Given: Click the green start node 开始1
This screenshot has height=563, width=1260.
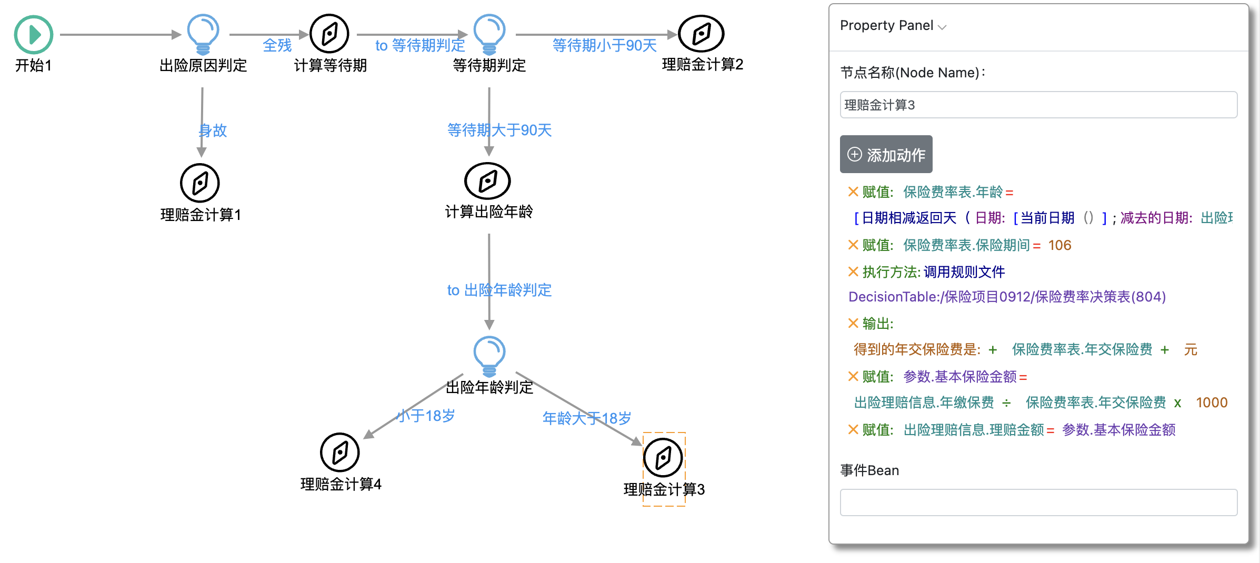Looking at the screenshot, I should pos(33,35).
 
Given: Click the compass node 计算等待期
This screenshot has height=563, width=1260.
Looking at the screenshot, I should pos(329,34).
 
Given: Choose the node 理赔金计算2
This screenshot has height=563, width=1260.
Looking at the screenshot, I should pos(701,34).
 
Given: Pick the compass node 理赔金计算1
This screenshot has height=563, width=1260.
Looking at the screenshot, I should pos(200,183).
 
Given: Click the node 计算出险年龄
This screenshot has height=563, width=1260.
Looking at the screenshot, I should pos(487,181).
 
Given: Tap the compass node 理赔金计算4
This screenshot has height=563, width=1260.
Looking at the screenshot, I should pos(340,453).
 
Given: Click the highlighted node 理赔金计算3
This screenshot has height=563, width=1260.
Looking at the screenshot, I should pos(663,458).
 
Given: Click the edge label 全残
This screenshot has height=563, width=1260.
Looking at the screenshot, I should pos(277,46).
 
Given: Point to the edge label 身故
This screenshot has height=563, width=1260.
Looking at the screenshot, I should pos(213,130).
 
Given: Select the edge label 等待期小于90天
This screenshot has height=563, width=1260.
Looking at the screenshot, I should pos(604,46).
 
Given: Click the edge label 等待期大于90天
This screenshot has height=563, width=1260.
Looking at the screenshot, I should pos(499,130).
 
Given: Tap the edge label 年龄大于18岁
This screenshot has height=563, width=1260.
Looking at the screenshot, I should pos(586,418).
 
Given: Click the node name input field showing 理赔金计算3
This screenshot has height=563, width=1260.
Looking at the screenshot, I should pos(1038,105).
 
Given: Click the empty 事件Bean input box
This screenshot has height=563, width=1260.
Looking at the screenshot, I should pos(1038,502).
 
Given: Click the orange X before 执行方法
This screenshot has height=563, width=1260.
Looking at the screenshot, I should pos(853,272).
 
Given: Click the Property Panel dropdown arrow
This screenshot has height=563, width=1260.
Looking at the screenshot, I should pos(942,27).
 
